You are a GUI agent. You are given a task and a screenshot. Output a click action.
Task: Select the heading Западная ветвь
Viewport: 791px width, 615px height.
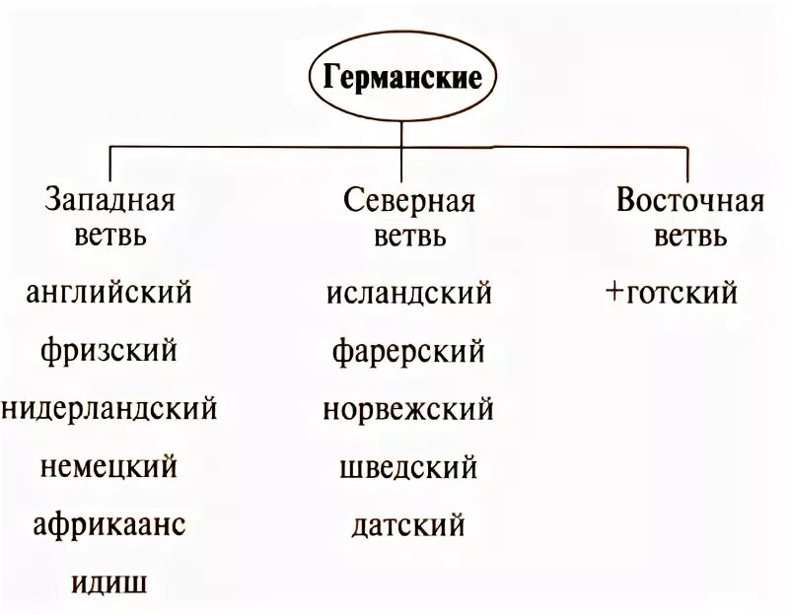pos(109,218)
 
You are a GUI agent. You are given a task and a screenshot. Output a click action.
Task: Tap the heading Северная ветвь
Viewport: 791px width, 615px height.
pos(409,218)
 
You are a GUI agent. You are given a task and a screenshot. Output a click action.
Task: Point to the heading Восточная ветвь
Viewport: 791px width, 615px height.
pos(690,218)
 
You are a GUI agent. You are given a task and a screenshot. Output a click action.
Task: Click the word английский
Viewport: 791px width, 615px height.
pos(109,293)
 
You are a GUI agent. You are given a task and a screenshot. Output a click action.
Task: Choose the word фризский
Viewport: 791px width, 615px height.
pos(109,349)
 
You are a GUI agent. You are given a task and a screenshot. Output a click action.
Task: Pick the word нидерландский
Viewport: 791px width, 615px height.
pos(109,407)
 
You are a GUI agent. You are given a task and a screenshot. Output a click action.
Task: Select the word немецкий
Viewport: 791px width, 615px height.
pos(109,464)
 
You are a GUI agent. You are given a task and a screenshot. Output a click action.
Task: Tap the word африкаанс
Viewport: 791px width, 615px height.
pos(109,523)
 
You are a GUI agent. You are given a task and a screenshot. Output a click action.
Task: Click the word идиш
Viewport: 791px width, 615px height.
pos(109,581)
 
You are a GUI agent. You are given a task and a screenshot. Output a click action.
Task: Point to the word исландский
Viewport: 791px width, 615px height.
pos(408,293)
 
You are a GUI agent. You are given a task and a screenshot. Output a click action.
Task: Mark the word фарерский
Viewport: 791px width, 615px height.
pos(408,349)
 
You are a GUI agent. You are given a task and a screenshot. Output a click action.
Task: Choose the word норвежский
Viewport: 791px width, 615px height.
pos(408,408)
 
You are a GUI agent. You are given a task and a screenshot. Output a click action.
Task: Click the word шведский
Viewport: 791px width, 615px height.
pos(408,465)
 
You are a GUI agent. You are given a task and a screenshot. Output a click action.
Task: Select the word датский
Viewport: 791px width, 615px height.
pos(408,523)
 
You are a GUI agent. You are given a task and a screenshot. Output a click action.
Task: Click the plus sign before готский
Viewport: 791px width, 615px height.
pos(616,293)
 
